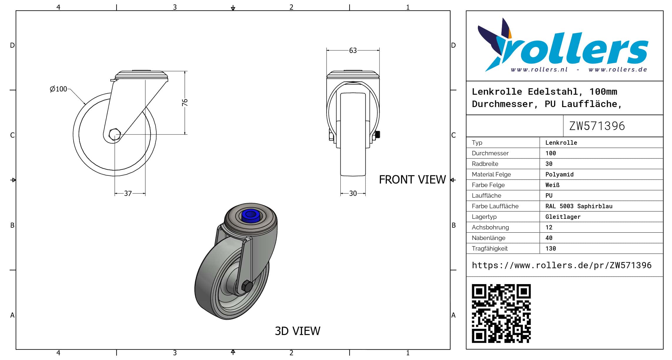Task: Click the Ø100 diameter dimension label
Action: pyautogui.click(x=58, y=89)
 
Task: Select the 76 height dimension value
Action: pyautogui.click(x=185, y=102)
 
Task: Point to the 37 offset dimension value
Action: pyautogui.click(x=128, y=193)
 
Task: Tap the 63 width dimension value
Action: pyautogui.click(x=353, y=51)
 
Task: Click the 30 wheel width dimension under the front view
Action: pyautogui.click(x=353, y=193)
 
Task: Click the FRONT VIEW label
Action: pyautogui.click(x=412, y=179)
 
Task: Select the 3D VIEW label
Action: pyautogui.click(x=297, y=331)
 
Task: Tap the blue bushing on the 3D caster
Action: pyautogui.click(x=250, y=216)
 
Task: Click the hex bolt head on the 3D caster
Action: pyautogui.click(x=247, y=286)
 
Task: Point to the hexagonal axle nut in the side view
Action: pyautogui.click(x=114, y=134)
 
